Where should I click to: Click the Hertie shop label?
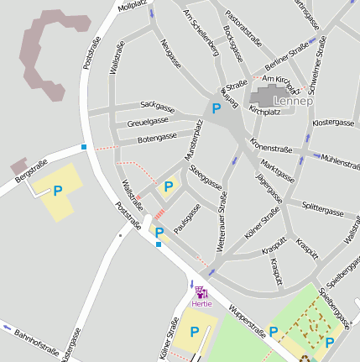click(202, 303)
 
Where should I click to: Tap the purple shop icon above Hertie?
click(201, 292)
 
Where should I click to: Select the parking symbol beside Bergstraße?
click(57, 191)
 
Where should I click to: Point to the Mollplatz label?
click(132, 6)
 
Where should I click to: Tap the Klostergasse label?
click(332, 123)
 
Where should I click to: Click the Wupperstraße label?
click(248, 322)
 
